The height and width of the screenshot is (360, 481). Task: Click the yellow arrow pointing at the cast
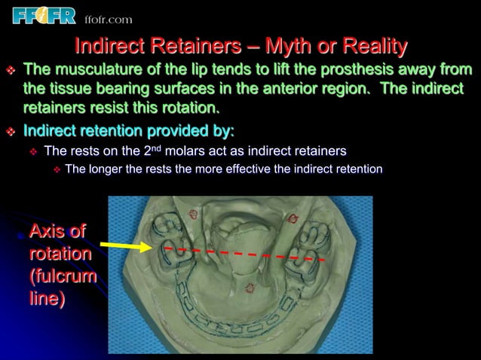tap(126, 246)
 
